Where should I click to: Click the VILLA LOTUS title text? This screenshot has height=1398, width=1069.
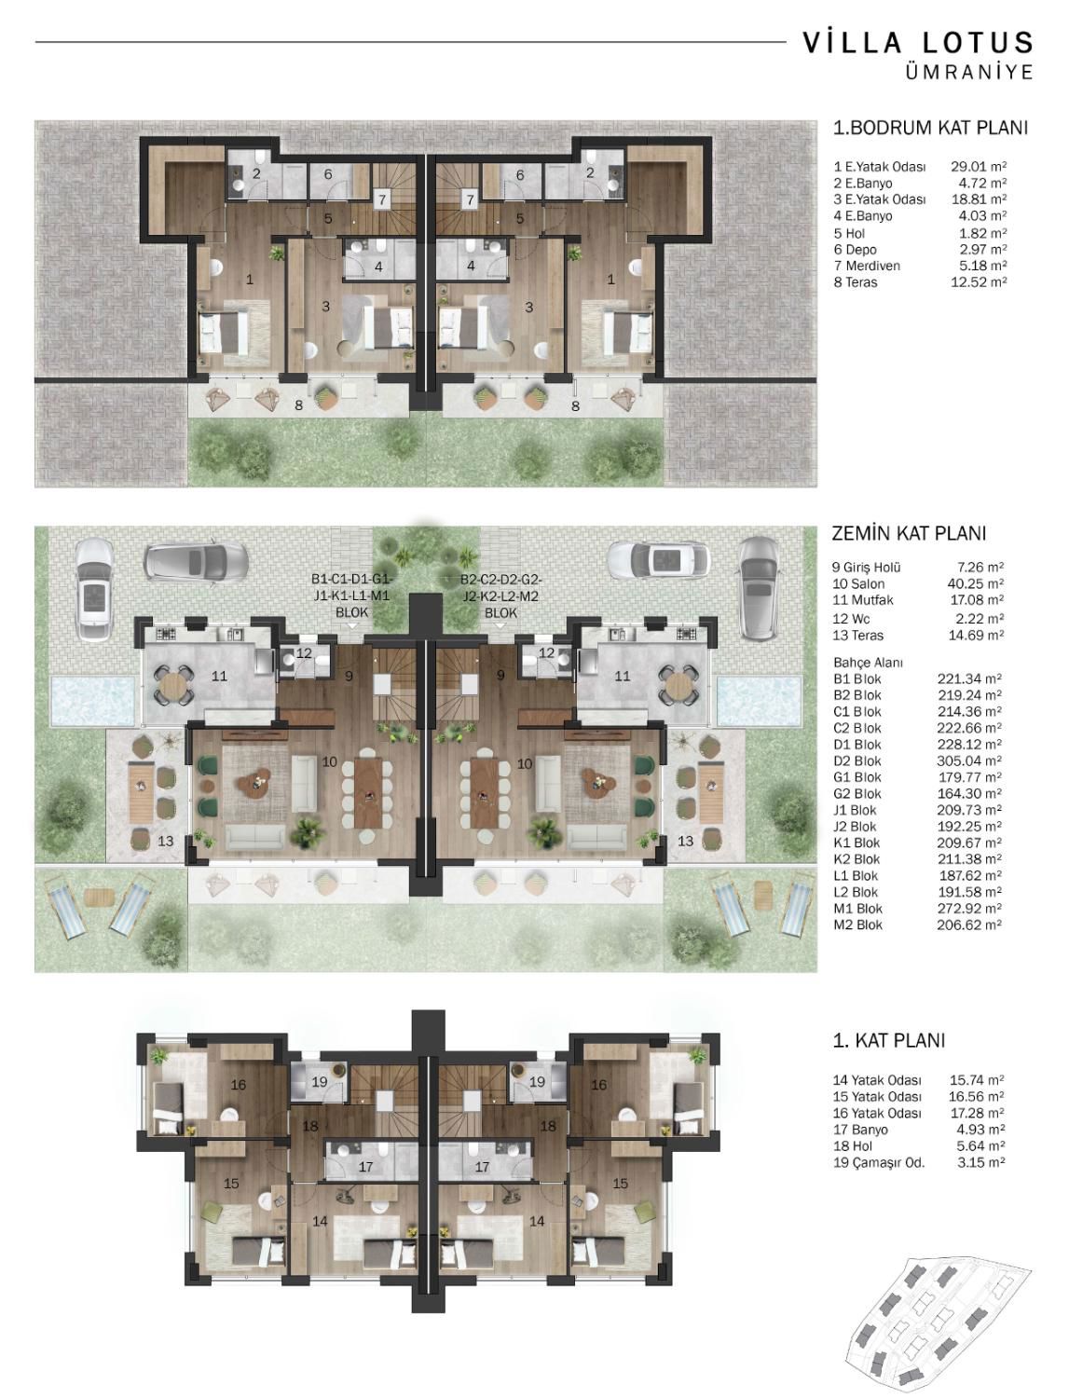click(x=917, y=43)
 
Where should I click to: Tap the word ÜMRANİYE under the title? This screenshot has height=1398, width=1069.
click(x=969, y=72)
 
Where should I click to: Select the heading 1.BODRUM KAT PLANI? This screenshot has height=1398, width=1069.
click(x=930, y=128)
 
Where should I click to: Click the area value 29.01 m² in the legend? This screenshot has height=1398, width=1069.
click(x=979, y=167)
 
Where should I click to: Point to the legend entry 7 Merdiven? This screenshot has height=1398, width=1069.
click(x=867, y=266)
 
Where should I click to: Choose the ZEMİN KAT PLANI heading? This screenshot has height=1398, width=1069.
click(x=909, y=533)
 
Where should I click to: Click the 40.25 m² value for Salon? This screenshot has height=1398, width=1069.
click(x=976, y=583)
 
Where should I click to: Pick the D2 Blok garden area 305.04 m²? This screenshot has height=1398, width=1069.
click(x=969, y=761)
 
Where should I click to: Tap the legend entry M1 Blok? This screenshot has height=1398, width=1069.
click(x=857, y=908)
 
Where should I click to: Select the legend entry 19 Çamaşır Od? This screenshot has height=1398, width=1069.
click(x=879, y=1162)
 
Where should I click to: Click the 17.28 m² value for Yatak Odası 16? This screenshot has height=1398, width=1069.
click(x=977, y=1113)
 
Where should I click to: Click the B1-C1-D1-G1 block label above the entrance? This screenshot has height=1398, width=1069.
click(x=352, y=580)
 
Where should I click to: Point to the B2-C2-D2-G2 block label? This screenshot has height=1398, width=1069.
click(x=501, y=580)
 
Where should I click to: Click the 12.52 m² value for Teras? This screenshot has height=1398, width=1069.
click(x=979, y=281)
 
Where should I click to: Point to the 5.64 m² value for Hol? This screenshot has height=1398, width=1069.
click(x=980, y=1145)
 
